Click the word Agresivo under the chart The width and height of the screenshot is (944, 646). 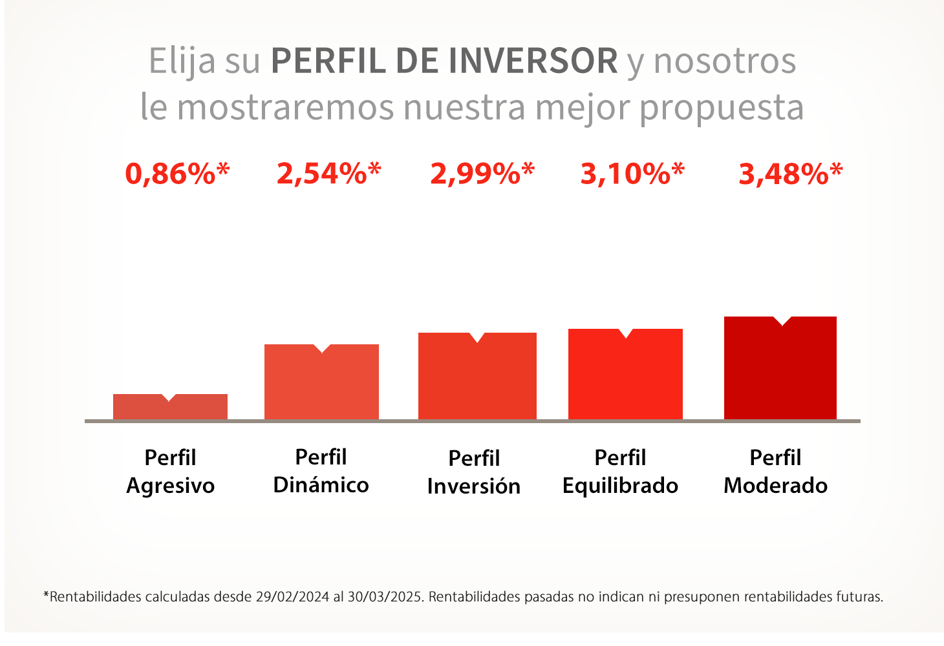[x=171, y=486]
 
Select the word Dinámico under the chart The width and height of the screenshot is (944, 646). [x=321, y=484]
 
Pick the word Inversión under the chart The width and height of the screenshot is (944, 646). [x=474, y=486]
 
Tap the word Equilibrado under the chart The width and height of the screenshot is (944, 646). [x=620, y=486]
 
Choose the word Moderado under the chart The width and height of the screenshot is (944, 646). [x=776, y=485]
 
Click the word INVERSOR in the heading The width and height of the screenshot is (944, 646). [x=533, y=61]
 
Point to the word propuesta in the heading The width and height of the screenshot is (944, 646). [x=722, y=109]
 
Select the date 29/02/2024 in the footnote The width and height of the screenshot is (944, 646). [x=292, y=597]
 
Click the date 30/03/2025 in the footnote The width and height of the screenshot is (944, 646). [x=385, y=597]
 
